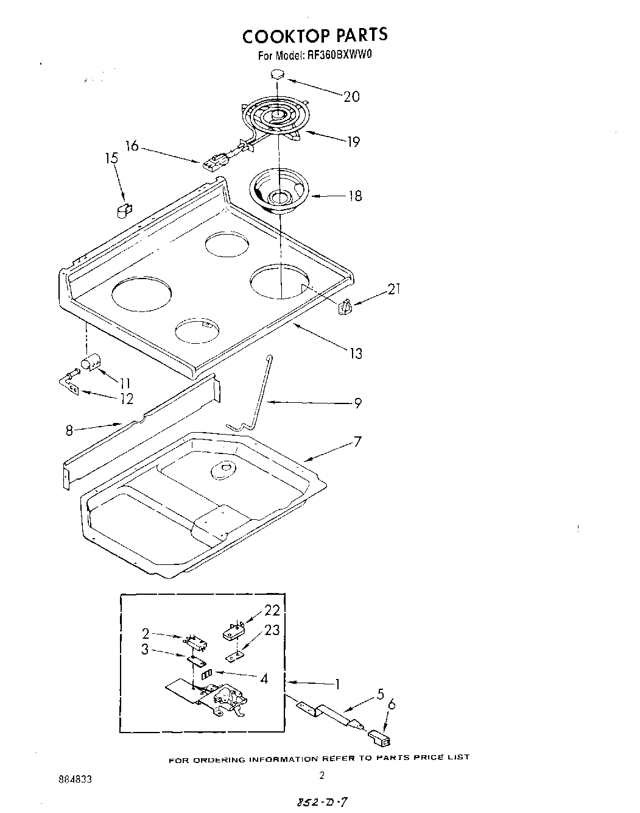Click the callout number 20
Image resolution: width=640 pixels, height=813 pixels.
coord(351,96)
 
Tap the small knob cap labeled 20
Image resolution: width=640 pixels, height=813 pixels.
coord(278,75)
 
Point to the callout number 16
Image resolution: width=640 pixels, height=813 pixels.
coord(132,146)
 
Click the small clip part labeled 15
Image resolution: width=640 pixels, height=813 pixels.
coord(124,210)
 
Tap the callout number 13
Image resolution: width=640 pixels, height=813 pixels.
coord(356,353)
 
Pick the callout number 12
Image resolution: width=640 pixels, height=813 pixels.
coord(127,399)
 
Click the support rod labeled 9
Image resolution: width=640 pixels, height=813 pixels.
coord(256,396)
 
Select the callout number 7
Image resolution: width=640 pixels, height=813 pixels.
coord(357,441)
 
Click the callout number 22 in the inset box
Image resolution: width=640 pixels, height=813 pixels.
coord(272,611)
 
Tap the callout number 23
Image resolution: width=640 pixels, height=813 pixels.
coord(272,630)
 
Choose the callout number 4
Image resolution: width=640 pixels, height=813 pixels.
coord(264,678)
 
